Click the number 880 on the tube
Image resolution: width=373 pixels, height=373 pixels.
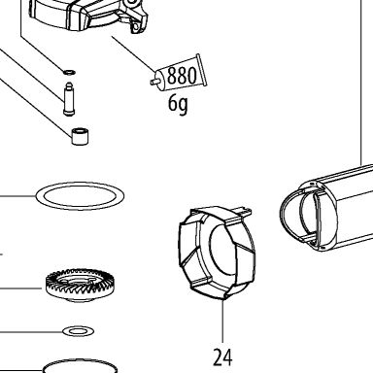[x=182, y=76]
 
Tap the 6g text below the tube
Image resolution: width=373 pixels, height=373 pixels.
[x=178, y=104]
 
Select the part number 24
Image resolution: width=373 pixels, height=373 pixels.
[x=222, y=357]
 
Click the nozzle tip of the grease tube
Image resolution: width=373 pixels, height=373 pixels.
[x=152, y=83]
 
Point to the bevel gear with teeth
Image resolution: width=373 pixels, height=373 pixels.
[x=80, y=285]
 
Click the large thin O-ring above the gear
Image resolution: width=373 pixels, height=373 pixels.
[x=80, y=184]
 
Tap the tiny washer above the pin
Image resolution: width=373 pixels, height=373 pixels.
[x=69, y=72]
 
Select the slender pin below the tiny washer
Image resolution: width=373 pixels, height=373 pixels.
[x=69, y=99]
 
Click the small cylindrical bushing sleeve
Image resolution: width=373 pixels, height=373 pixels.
[x=81, y=136]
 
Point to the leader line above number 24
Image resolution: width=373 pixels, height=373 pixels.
[x=222, y=321]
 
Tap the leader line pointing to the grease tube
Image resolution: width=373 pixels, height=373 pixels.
[x=134, y=54]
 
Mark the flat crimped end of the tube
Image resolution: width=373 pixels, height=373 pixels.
[x=201, y=70]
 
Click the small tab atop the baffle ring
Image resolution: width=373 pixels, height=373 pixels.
[x=245, y=210]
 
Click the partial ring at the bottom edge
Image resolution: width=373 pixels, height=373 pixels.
[x=80, y=360]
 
